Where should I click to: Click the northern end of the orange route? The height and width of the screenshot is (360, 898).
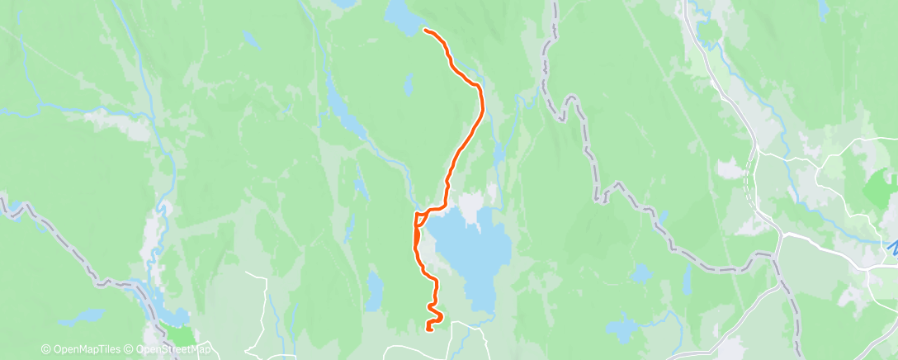pyautogui.click(x=426, y=31)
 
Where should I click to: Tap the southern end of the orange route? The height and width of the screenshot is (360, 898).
pyautogui.click(x=428, y=329)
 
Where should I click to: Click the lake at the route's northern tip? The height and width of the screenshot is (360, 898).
pyautogui.click(x=399, y=16)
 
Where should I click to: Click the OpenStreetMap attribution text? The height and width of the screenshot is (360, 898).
pyautogui.click(x=168, y=350)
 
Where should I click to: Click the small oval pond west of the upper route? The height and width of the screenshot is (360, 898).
pyautogui.click(x=409, y=83)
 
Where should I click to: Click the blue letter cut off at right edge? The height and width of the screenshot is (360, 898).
pyautogui.click(x=893, y=245)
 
